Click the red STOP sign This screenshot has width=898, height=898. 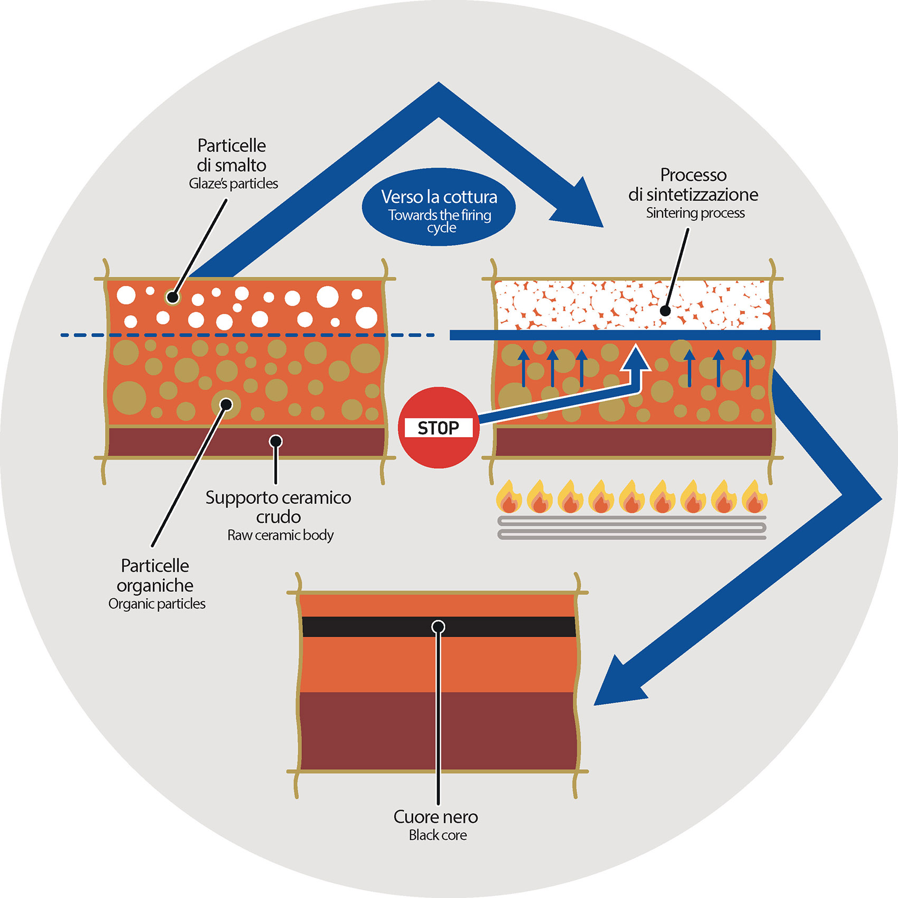(x=438, y=428)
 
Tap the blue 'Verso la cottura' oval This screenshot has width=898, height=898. (x=439, y=207)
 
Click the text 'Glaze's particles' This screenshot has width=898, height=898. (x=233, y=184)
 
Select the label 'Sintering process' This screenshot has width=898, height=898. (x=695, y=213)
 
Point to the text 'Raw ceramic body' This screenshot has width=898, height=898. (x=280, y=535)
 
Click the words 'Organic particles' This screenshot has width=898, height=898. (x=157, y=604)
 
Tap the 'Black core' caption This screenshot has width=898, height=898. (x=438, y=835)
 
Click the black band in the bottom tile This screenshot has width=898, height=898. (x=370, y=627)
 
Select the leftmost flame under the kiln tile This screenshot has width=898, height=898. (x=509, y=497)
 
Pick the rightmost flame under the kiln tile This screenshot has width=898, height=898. (x=754, y=497)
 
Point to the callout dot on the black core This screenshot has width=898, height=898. (x=438, y=627)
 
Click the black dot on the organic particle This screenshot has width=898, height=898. (x=226, y=405)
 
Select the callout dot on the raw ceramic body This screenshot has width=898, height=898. (x=276, y=441)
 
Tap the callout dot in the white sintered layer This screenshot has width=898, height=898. (x=666, y=311)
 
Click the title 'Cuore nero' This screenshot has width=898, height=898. (x=436, y=817)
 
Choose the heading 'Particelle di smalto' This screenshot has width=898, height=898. (x=231, y=155)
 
